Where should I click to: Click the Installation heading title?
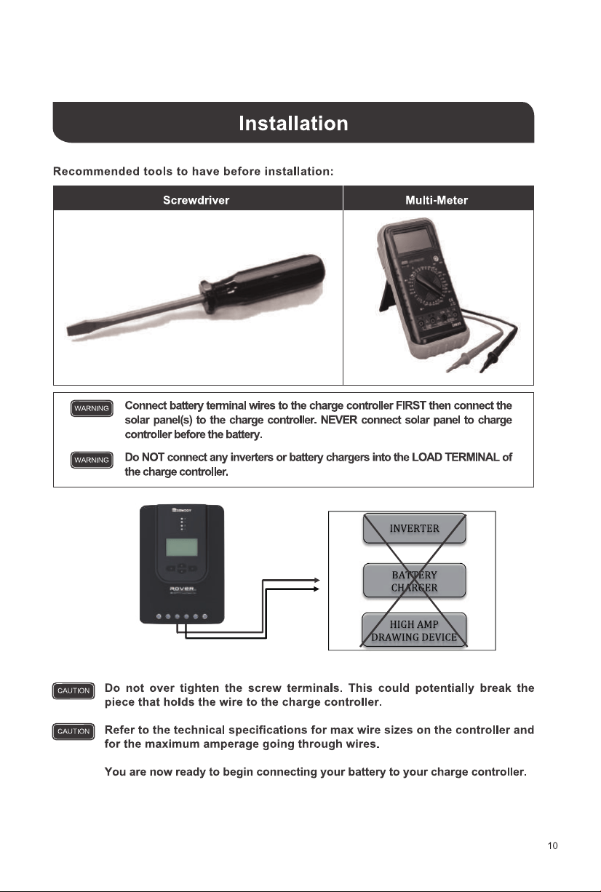point(293,123)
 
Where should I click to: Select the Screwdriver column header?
point(196,200)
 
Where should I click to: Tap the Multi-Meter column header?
point(437,200)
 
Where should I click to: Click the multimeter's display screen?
point(413,239)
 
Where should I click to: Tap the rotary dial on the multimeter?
point(425,287)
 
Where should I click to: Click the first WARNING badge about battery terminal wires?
point(92,408)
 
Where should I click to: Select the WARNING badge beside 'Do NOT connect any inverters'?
point(92,460)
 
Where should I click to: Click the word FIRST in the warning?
point(410,405)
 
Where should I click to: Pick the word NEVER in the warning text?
point(339,420)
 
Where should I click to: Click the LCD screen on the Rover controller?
point(182,546)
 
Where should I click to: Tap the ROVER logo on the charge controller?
point(182,589)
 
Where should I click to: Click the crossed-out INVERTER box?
point(414,528)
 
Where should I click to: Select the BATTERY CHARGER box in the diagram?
point(414,581)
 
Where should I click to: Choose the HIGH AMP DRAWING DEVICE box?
point(414,630)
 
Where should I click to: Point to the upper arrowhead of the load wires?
point(317,580)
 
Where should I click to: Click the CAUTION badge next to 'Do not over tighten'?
point(73,690)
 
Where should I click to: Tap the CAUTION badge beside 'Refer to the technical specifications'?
point(73,731)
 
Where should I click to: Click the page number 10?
point(552,846)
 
